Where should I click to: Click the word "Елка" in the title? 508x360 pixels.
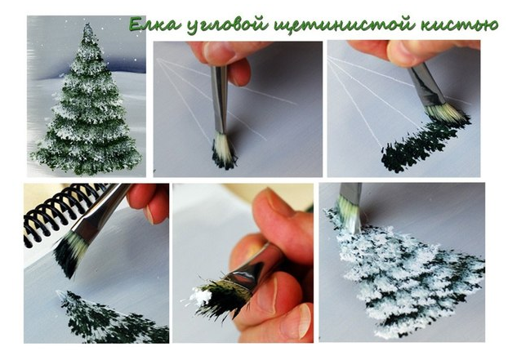(154, 24)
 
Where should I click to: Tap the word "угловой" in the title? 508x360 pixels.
(227, 26)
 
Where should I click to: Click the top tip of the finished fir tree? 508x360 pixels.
(87, 24)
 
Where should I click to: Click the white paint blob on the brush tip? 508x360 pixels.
(201, 296)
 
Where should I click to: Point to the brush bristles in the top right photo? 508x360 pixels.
(447, 114)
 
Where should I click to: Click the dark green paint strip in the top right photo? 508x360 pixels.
(421, 145)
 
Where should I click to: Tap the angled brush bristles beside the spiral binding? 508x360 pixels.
(70, 252)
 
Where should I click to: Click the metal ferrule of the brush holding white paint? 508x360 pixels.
(247, 276)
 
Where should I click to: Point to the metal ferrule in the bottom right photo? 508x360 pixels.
(350, 193)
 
